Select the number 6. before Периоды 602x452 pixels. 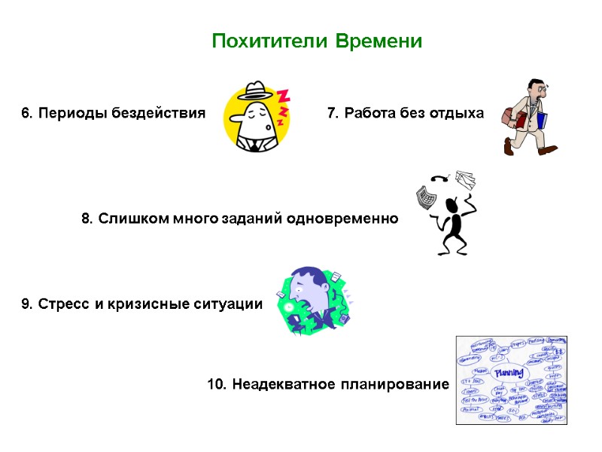pos(26,114)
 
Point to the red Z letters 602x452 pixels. pos(283,105)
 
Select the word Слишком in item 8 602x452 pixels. pos(127,219)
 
